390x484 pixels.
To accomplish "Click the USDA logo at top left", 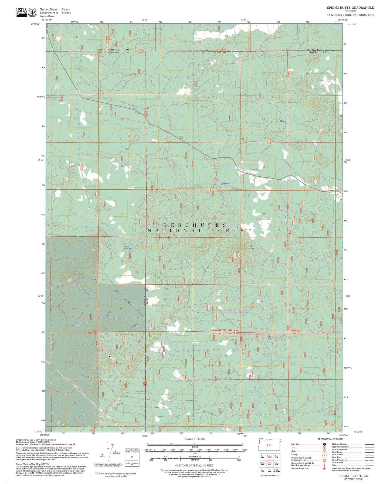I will click(x=21, y=12).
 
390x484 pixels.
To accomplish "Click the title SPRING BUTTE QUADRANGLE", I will click(x=350, y=8).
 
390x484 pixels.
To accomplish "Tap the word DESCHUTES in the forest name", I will click(x=195, y=225).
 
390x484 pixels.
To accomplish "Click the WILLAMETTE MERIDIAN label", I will click(x=225, y=330).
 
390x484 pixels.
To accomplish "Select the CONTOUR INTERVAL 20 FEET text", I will click(x=195, y=465).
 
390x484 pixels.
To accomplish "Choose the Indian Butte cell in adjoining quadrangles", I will click(x=276, y=464).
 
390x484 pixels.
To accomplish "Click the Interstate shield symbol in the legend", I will click(x=324, y=444).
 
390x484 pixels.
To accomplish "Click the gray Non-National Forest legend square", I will click(x=18, y=449).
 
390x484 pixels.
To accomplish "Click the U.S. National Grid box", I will click(x=132, y=457).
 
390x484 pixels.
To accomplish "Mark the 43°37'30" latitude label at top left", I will click(x=35, y=25).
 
